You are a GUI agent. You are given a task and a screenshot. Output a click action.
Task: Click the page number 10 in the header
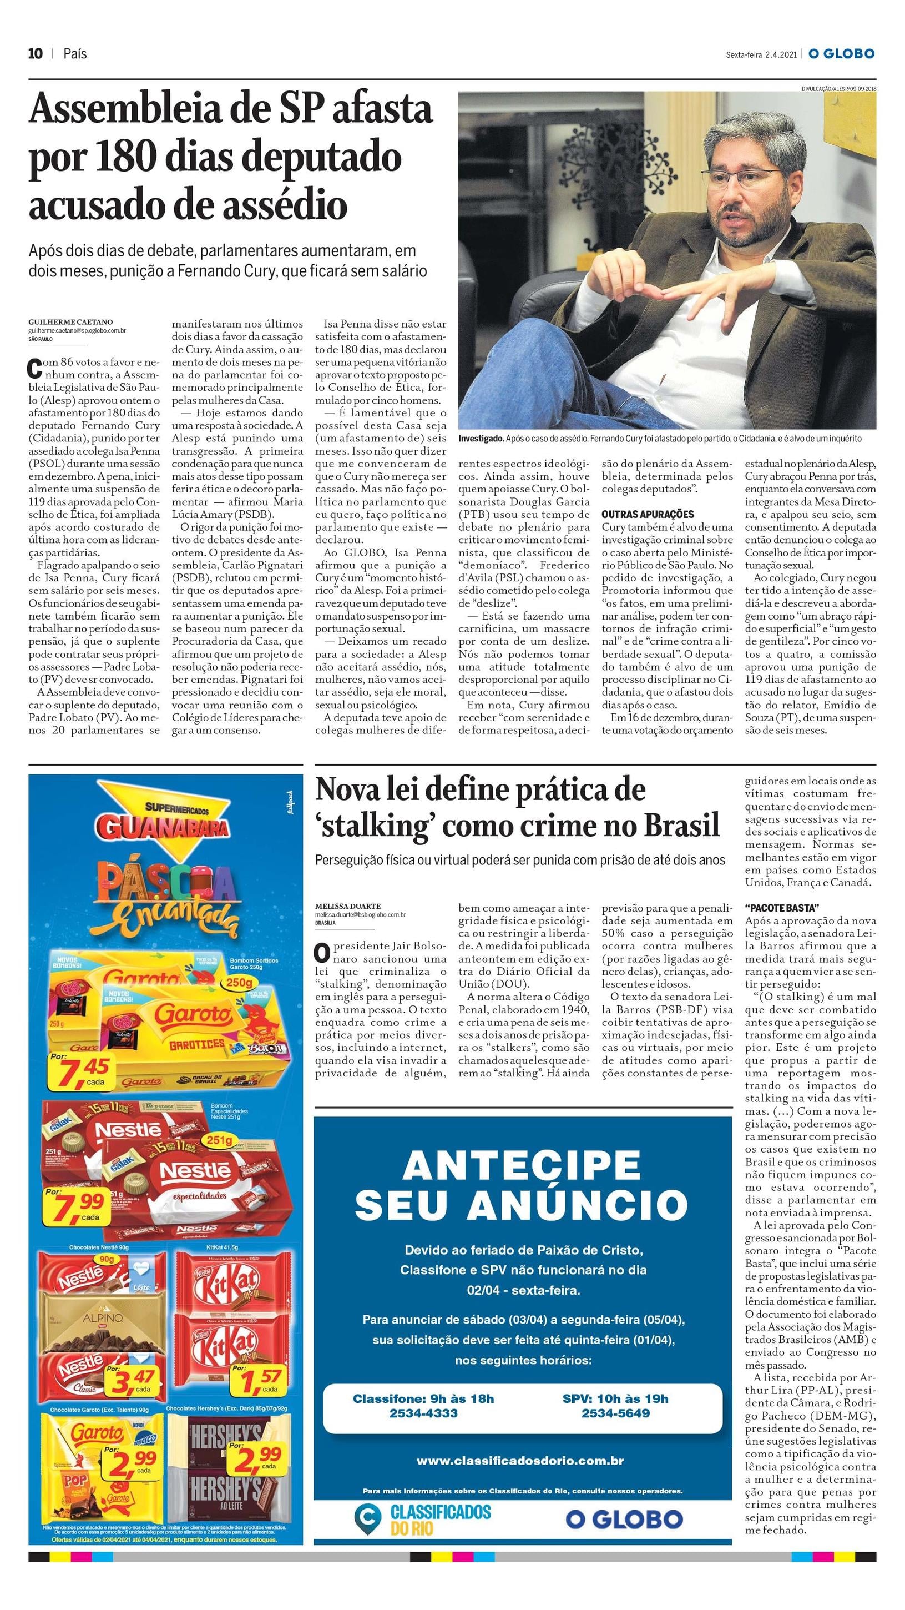35,54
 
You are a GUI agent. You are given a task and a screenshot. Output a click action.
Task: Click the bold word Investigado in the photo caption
481,439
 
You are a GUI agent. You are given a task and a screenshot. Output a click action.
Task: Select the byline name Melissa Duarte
348,905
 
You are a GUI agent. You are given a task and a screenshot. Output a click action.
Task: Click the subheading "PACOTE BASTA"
781,908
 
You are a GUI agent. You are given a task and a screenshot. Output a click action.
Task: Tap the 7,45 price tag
83,1072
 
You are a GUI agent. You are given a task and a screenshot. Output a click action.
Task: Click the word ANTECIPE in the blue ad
522,1164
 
